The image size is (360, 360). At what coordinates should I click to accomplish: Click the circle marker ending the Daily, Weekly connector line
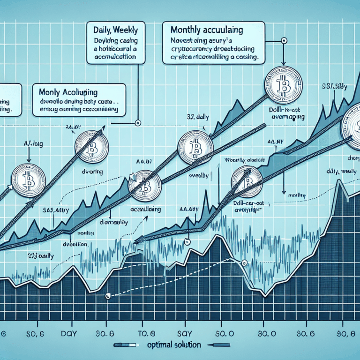(137, 124)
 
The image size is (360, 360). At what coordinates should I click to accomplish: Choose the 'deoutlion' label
(75, 244)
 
